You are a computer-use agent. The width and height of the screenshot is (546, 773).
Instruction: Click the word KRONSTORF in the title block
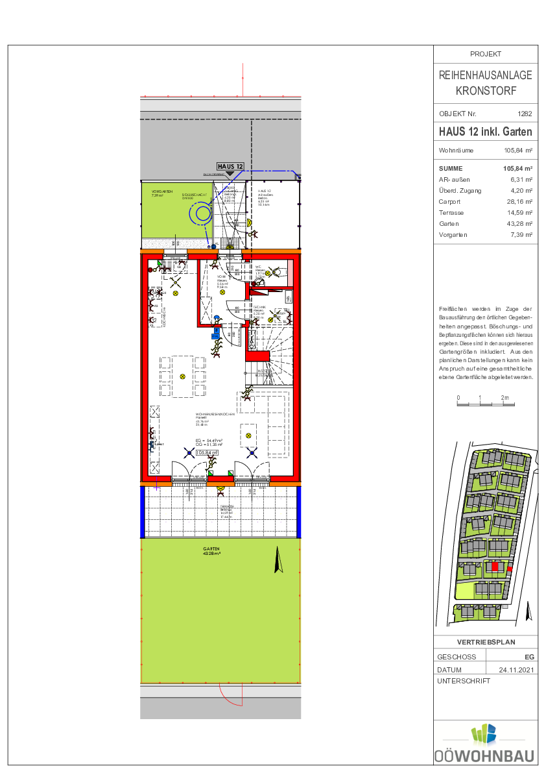pyautogui.click(x=486, y=91)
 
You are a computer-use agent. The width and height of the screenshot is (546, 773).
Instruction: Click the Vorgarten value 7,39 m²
pyautogui.click(x=520, y=235)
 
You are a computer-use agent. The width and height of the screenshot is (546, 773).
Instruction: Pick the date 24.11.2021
pyautogui.click(x=516, y=670)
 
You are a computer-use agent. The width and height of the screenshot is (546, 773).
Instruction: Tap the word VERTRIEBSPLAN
pyautogui.click(x=486, y=643)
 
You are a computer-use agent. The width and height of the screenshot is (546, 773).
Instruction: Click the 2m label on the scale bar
pyautogui.click(x=504, y=397)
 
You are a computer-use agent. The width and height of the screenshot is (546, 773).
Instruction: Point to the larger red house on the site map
pyautogui.click(x=495, y=567)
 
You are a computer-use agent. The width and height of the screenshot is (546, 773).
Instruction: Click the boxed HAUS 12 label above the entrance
pyautogui.click(x=230, y=167)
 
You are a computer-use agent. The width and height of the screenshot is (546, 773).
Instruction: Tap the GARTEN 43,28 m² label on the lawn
pyautogui.click(x=212, y=551)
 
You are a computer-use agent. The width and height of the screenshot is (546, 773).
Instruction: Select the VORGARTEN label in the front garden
pyautogui.click(x=161, y=192)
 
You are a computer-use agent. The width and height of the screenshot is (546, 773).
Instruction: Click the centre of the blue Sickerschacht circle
pyautogui.click(x=202, y=213)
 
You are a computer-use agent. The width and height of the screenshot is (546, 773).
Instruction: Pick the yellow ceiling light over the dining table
pyautogui.click(x=183, y=376)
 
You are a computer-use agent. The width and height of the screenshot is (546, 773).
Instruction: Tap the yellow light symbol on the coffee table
pyautogui.click(x=248, y=435)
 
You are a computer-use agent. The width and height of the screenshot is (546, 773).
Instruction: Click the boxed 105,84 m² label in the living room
pyautogui.click(x=208, y=453)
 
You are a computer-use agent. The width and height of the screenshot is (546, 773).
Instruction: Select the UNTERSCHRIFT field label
pyautogui.click(x=464, y=681)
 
